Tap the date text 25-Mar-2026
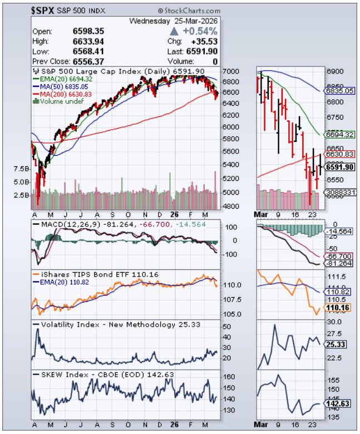[x=194, y=21]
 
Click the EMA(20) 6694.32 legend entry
[x=64, y=80]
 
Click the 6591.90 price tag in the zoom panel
[x=339, y=166]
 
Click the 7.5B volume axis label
[x=21, y=168]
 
